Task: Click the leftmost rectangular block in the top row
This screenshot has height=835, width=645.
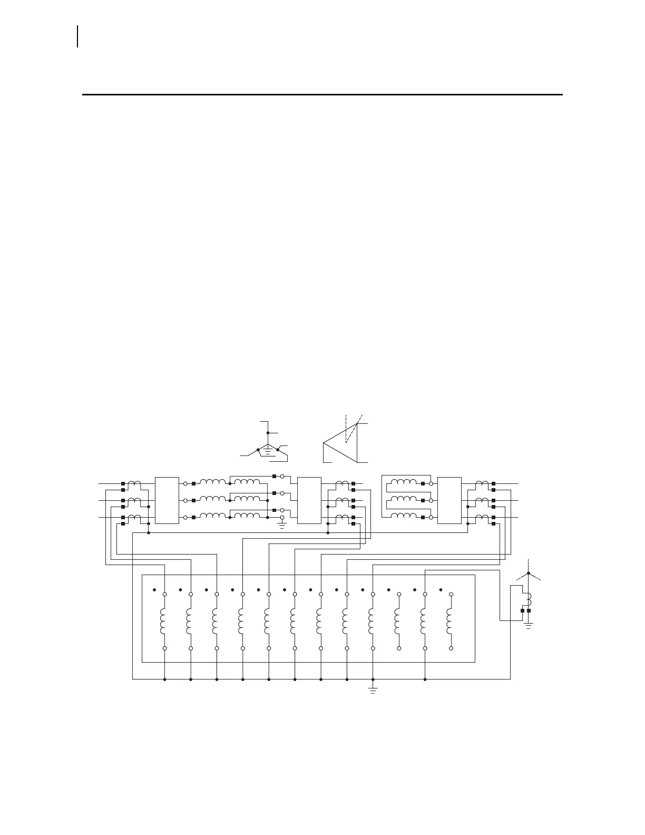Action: (x=167, y=500)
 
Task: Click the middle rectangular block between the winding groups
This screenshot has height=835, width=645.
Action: (x=309, y=500)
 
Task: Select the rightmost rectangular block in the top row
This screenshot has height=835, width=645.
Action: (x=449, y=500)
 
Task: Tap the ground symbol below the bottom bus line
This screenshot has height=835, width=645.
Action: (x=373, y=690)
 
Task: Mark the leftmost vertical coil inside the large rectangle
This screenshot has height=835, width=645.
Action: (x=164, y=621)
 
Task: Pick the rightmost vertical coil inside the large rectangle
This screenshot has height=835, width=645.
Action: (x=449, y=621)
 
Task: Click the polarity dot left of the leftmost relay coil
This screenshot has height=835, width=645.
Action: (x=154, y=590)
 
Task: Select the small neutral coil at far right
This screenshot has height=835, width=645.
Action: (x=529, y=599)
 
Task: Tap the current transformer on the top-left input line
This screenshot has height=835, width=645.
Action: (x=135, y=483)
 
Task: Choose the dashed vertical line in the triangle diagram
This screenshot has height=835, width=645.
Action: (x=346, y=427)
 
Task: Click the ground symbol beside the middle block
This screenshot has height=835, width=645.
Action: (x=282, y=524)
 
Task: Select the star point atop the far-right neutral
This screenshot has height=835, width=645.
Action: (x=529, y=574)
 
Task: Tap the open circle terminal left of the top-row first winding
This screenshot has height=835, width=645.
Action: (x=185, y=483)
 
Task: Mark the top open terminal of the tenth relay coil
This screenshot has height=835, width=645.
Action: (x=399, y=594)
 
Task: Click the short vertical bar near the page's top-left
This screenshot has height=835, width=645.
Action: (x=78, y=36)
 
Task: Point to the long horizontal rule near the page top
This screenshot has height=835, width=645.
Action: (x=322, y=95)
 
